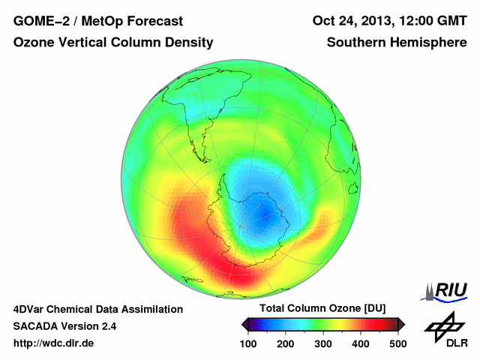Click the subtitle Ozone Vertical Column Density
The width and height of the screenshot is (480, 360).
coord(113,43)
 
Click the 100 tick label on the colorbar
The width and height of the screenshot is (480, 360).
coord(248,343)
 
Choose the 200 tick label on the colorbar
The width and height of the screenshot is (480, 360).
coord(286,343)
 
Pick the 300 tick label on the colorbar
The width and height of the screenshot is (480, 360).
coord(323,343)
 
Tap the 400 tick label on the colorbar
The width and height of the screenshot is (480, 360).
coord(360,343)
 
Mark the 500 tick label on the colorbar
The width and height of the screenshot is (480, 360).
coord(397,343)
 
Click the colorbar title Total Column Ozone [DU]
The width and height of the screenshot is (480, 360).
coord(322,309)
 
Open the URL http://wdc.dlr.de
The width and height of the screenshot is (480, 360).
coord(54,343)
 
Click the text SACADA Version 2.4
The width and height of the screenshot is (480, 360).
coord(64,326)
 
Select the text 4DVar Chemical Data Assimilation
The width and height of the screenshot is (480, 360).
coord(97,309)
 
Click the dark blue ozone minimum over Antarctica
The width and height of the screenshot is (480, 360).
coord(264,220)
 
